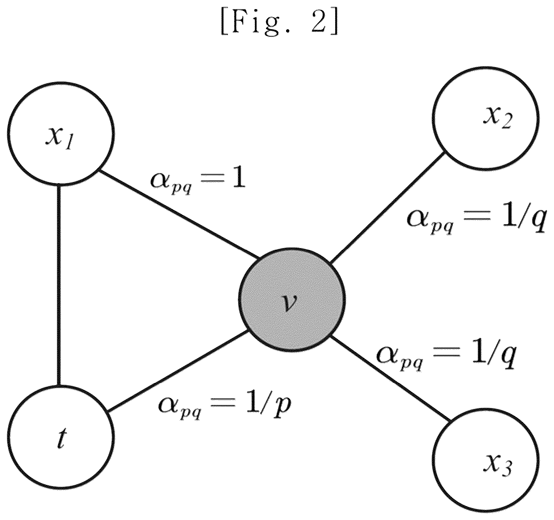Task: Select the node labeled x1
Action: coord(61,133)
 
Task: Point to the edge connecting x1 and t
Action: coord(59,285)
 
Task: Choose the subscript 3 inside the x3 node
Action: coord(505,470)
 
